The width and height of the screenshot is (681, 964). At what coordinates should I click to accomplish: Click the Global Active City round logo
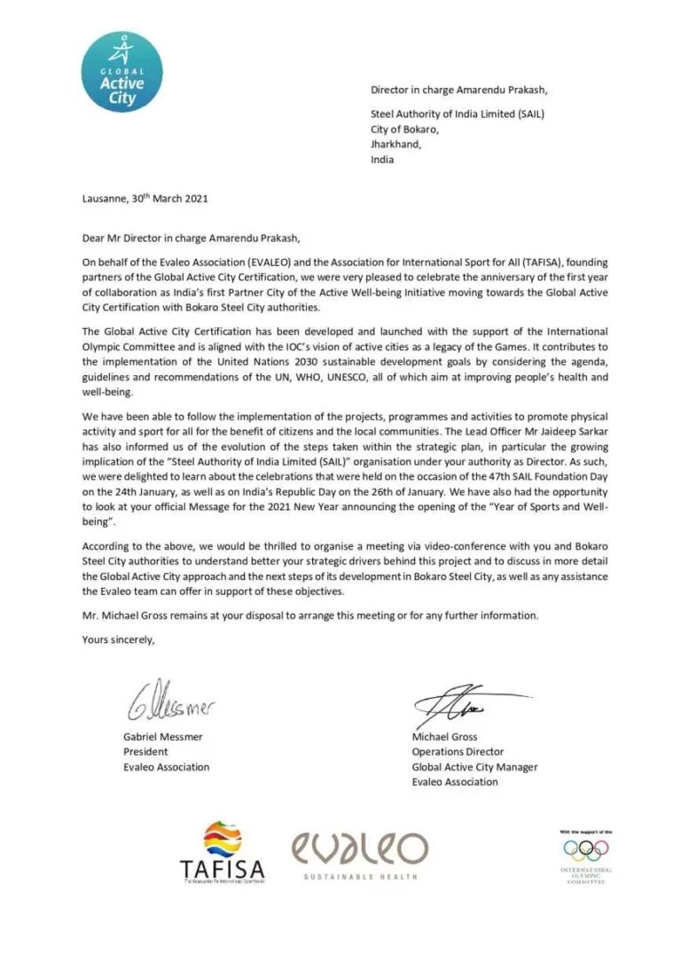tap(121, 72)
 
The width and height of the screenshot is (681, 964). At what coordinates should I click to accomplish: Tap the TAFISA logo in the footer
tap(222, 853)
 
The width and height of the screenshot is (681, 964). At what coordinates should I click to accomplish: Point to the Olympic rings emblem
tap(586, 850)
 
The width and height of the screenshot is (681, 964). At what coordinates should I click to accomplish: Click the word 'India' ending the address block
tap(382, 161)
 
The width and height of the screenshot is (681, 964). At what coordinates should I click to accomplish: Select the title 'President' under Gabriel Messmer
tap(146, 752)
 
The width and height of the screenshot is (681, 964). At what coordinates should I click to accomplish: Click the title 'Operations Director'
tap(458, 752)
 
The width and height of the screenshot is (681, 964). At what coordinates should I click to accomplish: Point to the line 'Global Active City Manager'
tap(474, 767)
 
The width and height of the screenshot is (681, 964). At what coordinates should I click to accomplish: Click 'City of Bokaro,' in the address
tap(404, 129)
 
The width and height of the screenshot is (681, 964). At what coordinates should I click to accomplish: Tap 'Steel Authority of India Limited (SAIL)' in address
tap(457, 114)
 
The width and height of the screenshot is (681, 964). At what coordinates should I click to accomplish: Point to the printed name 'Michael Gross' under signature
tap(444, 737)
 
